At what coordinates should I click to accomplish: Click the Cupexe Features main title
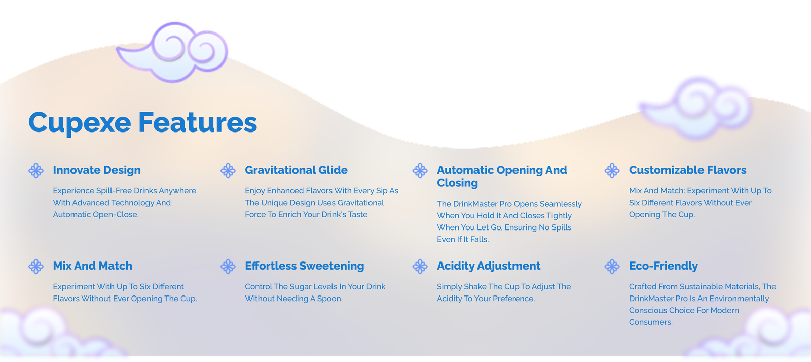click(x=142, y=122)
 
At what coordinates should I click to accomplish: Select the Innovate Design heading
click(x=97, y=170)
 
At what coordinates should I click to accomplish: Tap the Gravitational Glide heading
click(x=296, y=170)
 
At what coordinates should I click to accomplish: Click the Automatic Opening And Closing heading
click(x=502, y=176)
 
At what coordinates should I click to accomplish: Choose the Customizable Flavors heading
click(x=687, y=170)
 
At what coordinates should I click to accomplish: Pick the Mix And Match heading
click(x=92, y=266)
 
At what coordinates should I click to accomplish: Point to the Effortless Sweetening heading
click(x=305, y=266)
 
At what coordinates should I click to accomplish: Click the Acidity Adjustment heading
click(x=489, y=266)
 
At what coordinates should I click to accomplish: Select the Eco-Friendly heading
click(x=663, y=266)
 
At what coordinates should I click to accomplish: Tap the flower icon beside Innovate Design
click(x=36, y=171)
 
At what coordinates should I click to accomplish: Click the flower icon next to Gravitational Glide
click(x=228, y=171)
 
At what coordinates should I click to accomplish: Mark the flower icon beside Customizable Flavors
click(x=612, y=171)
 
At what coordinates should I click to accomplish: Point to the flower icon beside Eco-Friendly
click(x=612, y=267)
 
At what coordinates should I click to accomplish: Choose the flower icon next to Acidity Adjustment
click(x=420, y=267)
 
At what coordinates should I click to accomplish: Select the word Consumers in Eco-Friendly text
click(x=651, y=322)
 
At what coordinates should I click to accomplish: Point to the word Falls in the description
click(x=480, y=240)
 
